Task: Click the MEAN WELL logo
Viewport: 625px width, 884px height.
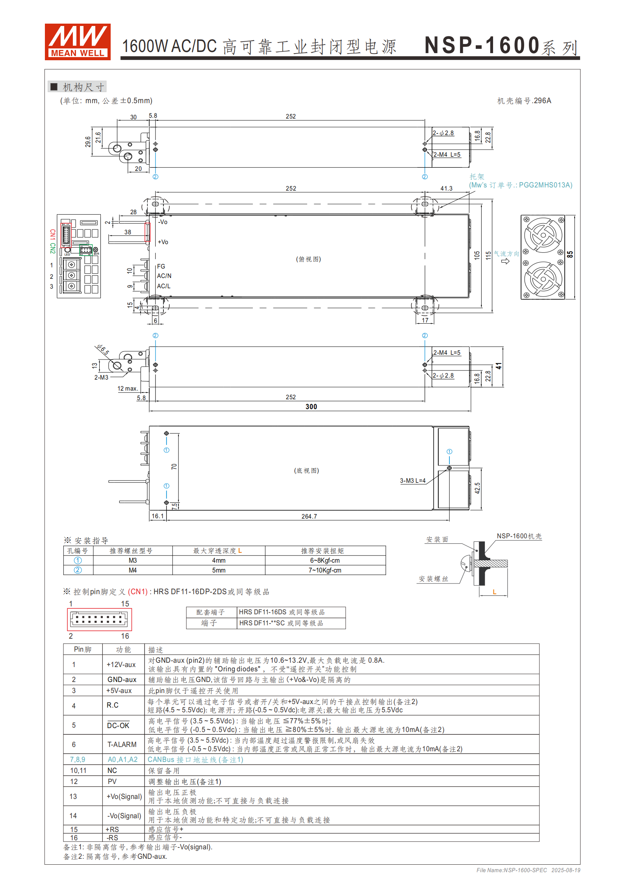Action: pyautogui.click(x=78, y=42)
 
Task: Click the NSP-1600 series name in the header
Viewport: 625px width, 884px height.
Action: pyautogui.click(x=501, y=46)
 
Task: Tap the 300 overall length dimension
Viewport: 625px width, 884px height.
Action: pyautogui.click(x=311, y=406)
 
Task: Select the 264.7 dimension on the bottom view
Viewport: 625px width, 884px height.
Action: pyautogui.click(x=309, y=516)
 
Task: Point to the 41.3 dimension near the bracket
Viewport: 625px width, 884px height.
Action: pyautogui.click(x=446, y=189)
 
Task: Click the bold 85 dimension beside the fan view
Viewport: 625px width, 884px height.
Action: pyautogui.click(x=570, y=254)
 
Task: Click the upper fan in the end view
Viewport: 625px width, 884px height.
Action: pyautogui.click(x=543, y=235)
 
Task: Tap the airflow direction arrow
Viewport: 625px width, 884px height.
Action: pyautogui.click(x=505, y=261)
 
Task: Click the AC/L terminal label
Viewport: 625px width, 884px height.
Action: pyautogui.click(x=164, y=286)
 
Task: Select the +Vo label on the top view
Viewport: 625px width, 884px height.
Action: pyautogui.click(x=163, y=242)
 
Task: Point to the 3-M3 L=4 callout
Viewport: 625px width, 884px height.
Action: pyautogui.click(x=413, y=480)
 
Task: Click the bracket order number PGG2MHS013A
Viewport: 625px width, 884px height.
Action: pyautogui.click(x=545, y=185)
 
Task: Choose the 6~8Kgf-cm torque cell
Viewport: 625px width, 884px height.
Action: pyautogui.click(x=325, y=560)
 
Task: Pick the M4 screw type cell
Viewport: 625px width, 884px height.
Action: pyautogui.click(x=133, y=570)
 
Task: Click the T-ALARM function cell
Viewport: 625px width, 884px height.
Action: pyautogui.click(x=122, y=744)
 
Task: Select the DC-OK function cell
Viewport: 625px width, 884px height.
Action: pyautogui.click(x=118, y=725)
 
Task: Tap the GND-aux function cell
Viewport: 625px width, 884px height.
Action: pyautogui.click(x=122, y=679)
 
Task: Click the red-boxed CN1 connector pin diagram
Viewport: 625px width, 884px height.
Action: pyautogui.click(x=99, y=619)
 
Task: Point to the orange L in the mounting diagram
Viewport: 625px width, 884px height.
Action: pyautogui.click(x=495, y=592)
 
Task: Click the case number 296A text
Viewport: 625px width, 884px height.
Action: pyautogui.click(x=524, y=101)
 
